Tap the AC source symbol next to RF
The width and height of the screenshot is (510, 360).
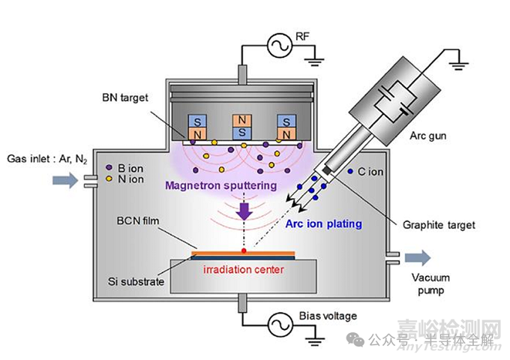click(x=276, y=46)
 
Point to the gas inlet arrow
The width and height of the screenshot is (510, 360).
click(x=65, y=180)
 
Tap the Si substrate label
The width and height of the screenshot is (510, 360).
click(x=133, y=280)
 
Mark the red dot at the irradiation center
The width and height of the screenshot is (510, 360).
click(x=244, y=250)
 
